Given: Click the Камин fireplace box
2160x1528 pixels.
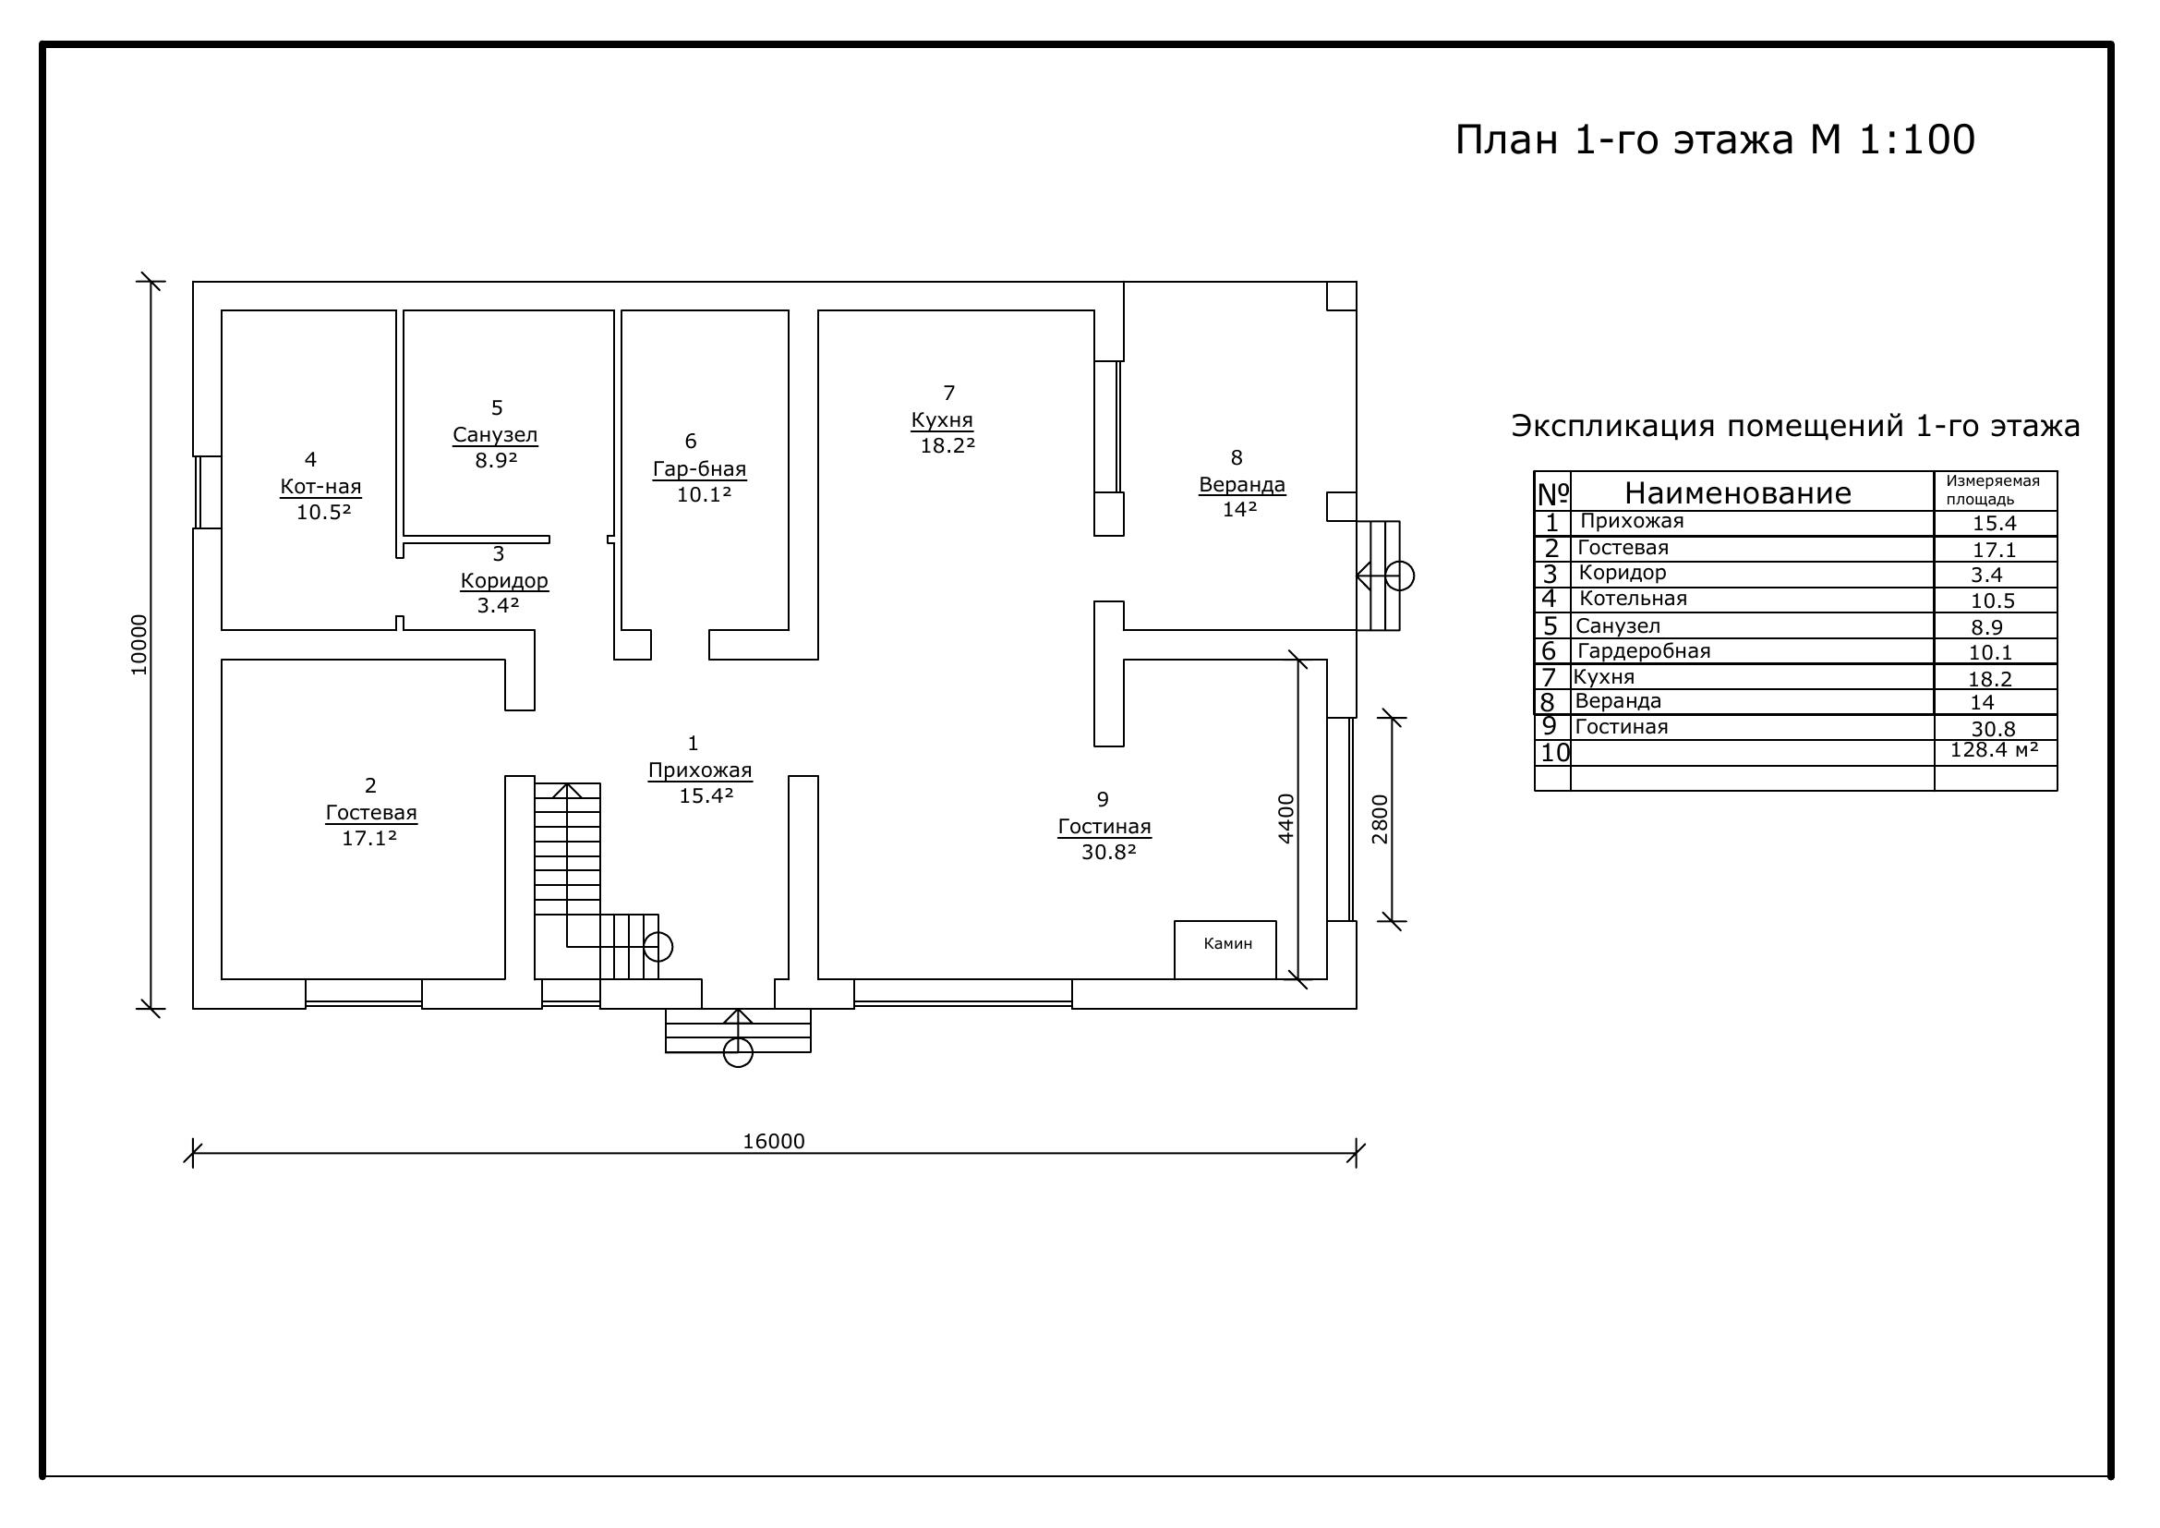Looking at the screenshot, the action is [1225, 950].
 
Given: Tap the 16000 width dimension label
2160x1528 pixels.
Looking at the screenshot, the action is [774, 1141].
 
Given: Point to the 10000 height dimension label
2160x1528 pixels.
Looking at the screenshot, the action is [139, 645].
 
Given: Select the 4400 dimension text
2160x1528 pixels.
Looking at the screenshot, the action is [1286, 819].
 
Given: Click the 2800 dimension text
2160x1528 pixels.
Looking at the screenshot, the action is [1379, 819].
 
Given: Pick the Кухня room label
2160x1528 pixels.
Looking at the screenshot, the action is [942, 419].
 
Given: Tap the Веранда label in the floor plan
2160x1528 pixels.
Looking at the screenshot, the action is [1242, 485].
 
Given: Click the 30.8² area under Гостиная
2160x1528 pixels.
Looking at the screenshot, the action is [1109, 853].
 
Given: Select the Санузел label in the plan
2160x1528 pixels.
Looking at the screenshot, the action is [495, 435].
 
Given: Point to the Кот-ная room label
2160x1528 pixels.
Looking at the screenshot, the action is [320, 487].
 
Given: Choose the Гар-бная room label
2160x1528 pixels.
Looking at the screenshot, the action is [699, 469].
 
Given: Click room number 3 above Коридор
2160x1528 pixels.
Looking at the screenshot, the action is [499, 554].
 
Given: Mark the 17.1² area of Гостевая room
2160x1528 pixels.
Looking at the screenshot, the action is [368, 838].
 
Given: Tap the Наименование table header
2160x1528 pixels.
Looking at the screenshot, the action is [1738, 493].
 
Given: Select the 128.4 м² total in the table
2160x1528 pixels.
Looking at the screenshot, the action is [1994, 750].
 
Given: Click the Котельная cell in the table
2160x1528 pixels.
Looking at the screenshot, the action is [1634, 599].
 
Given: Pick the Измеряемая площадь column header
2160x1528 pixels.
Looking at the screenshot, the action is [1993, 491].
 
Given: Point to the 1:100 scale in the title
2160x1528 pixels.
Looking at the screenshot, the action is [1916, 139].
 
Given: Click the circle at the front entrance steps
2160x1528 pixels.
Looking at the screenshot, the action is [738, 1053].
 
